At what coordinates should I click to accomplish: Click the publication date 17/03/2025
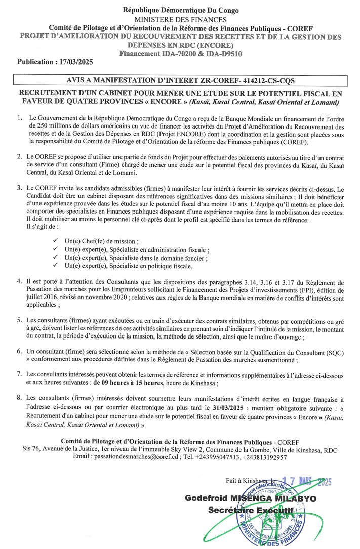74,62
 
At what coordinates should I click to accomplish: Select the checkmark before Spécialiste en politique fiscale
55,266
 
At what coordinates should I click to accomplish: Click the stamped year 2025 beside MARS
321,482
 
